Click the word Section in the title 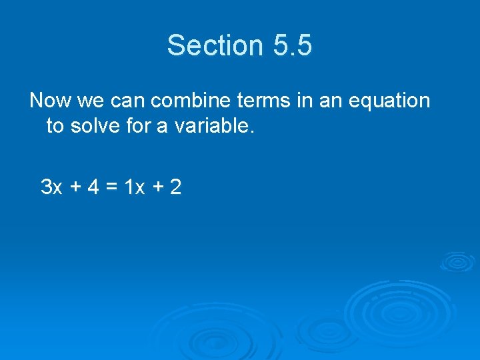[215, 45]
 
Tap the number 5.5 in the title [292, 45]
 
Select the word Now [51, 101]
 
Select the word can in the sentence [127, 101]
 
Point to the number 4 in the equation [95, 187]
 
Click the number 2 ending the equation [175, 187]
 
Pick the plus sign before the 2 [157, 188]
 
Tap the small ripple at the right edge [457, 261]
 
